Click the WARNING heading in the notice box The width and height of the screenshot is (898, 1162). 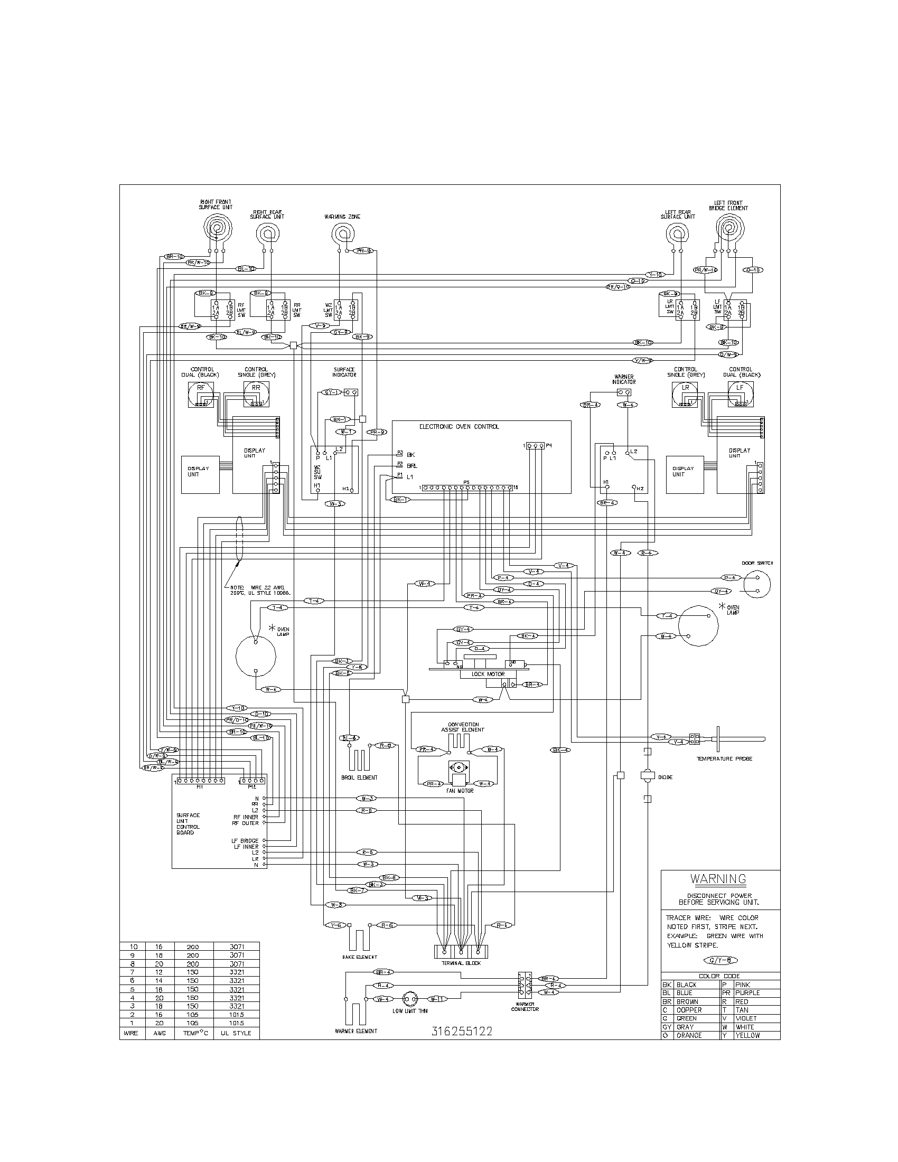pyautogui.click(x=718, y=879)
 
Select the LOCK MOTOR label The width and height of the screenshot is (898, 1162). pyautogui.click(x=488, y=674)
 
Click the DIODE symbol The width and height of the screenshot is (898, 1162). pyautogui.click(x=647, y=776)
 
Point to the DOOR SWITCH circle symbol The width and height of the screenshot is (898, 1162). pyautogui.click(x=757, y=584)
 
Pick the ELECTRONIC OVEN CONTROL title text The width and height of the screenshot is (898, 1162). pyautogui.click(x=459, y=427)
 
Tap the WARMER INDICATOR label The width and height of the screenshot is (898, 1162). pyautogui.click(x=624, y=379)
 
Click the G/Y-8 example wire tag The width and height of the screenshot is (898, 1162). pyautogui.click(x=721, y=960)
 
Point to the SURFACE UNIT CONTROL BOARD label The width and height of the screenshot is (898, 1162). pyautogui.click(x=189, y=823)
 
